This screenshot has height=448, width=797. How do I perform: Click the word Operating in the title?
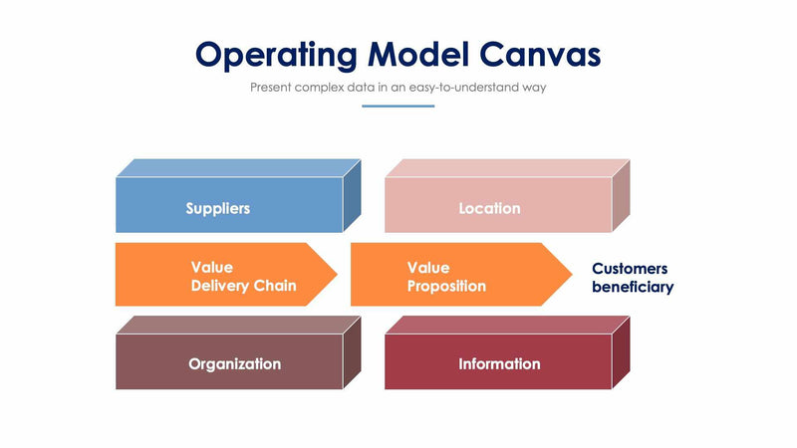tap(273, 54)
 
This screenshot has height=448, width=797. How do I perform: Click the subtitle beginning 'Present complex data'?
tap(398, 87)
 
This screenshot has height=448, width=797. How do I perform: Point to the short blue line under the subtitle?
tap(398, 106)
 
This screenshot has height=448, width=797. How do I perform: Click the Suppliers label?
tap(217, 208)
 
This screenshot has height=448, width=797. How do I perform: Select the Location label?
tap(489, 208)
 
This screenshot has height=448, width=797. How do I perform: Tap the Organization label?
tap(234, 363)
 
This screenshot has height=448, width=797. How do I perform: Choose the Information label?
tap(499, 363)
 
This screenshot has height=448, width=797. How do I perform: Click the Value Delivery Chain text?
tap(243, 277)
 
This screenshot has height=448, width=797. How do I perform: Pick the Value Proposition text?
tap(446, 277)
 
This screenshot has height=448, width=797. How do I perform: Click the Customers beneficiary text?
tap(633, 278)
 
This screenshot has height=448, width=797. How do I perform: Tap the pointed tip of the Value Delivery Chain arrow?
tap(335, 274)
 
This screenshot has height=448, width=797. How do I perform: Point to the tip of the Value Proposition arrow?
tap(569, 274)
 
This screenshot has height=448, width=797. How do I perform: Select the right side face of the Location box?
tap(620, 195)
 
